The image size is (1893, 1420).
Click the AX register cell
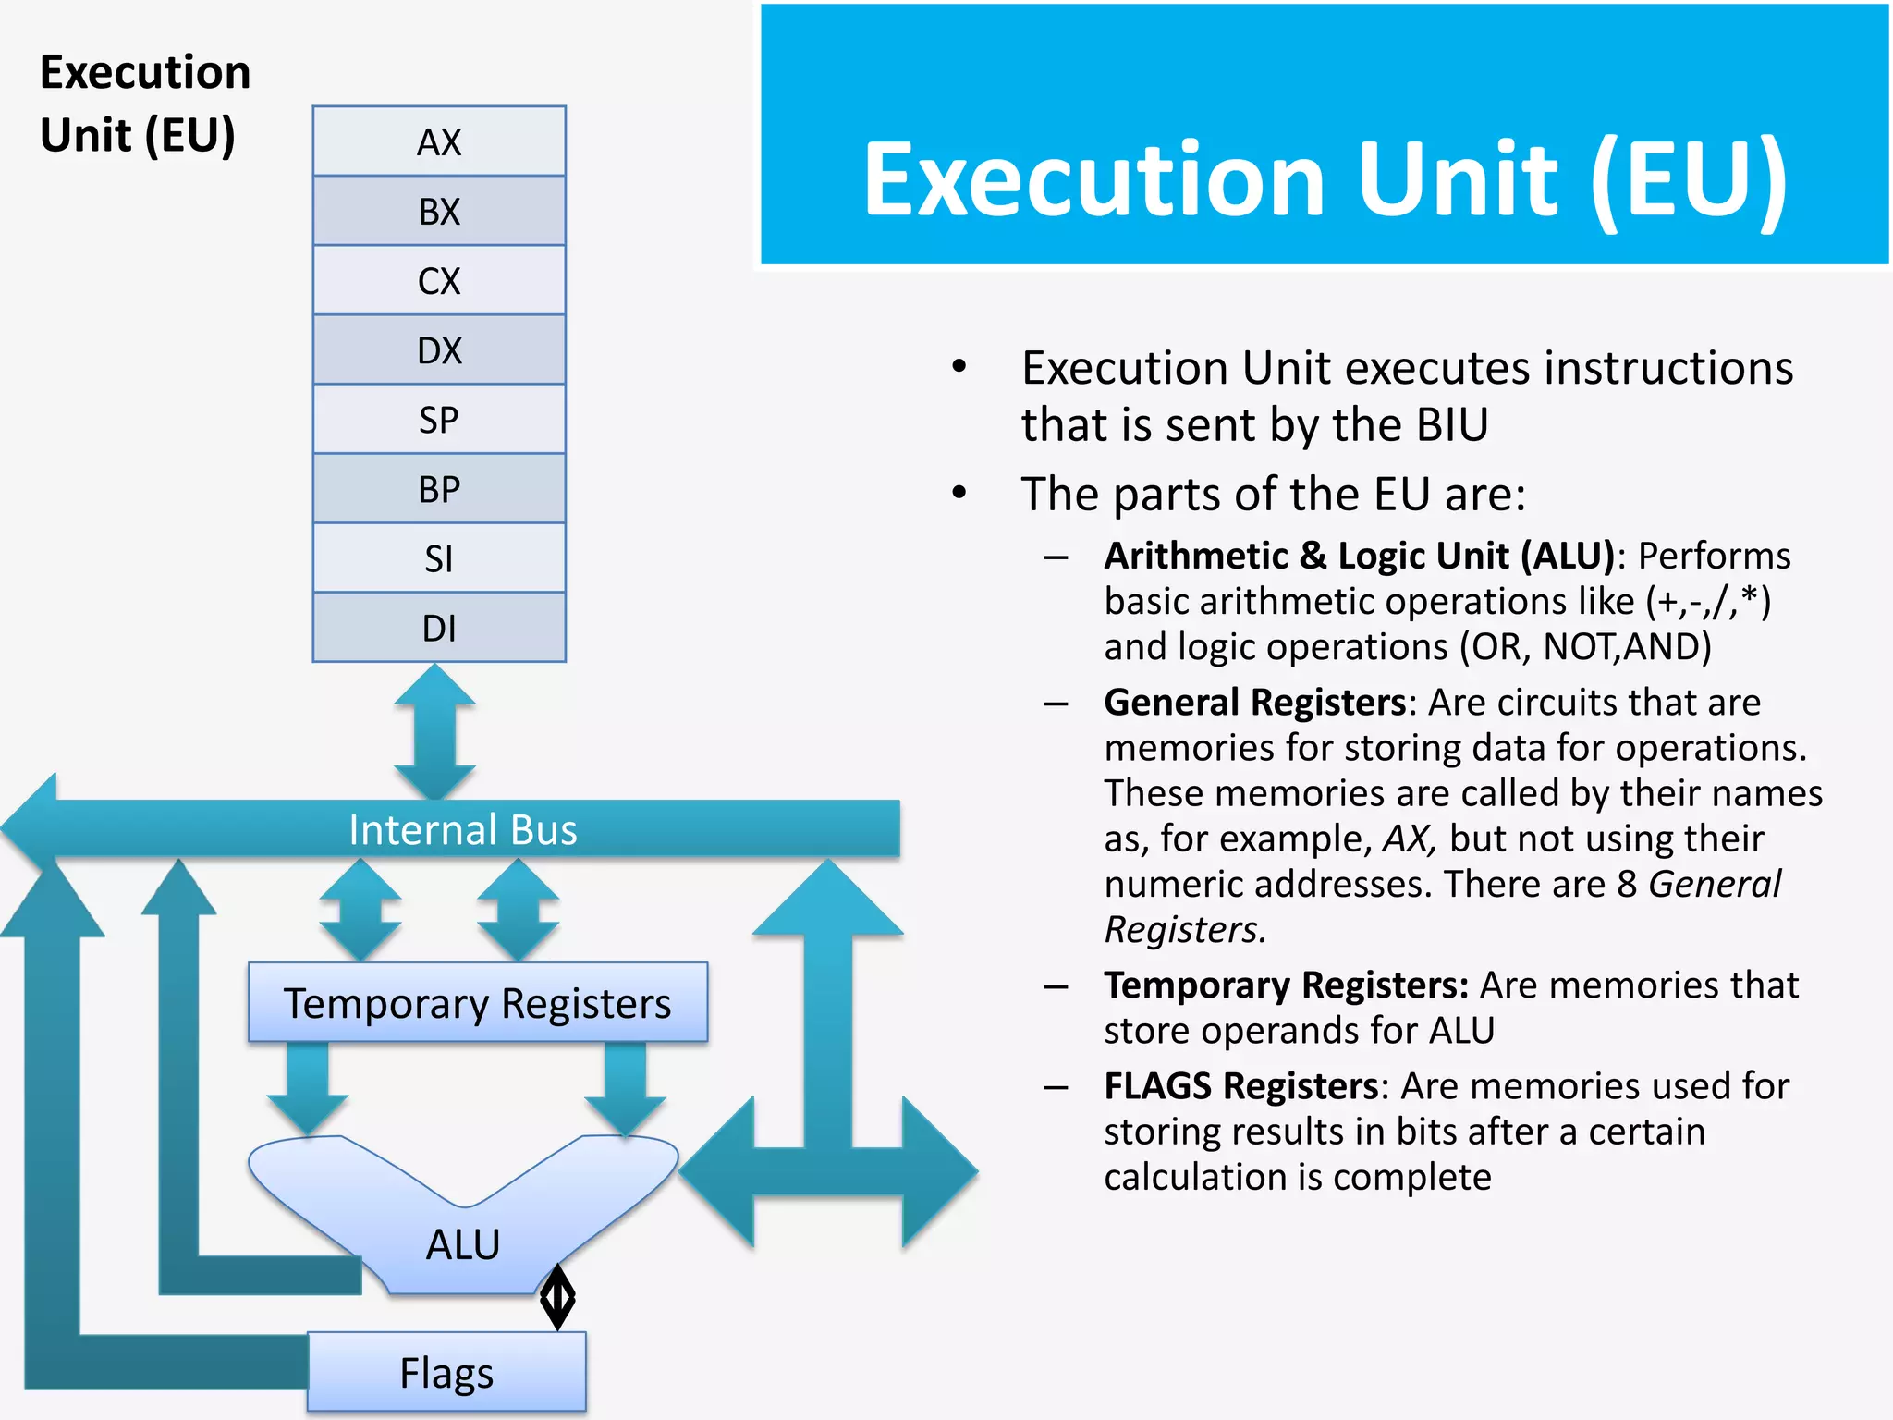(439, 141)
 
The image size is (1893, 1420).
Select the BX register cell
(439, 211)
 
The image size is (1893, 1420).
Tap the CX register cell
(439, 280)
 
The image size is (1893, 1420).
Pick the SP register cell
(439, 419)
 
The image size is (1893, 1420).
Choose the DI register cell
(439, 628)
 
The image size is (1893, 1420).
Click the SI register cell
(439, 558)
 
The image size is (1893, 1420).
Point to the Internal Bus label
(462, 829)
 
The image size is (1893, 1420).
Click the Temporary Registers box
(477, 1003)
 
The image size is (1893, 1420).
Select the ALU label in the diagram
(462, 1243)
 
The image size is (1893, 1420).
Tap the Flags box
(446, 1372)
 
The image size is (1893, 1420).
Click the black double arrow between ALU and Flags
(557, 1298)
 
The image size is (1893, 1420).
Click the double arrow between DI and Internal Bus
(434, 731)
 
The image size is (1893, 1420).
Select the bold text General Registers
(1254, 703)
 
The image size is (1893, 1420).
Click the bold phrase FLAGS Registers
(1241, 1086)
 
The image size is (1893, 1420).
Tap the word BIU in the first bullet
(1451, 425)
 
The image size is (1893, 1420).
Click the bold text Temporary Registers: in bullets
(1286, 985)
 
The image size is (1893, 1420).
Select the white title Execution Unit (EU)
(1325, 179)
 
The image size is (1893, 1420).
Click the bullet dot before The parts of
(959, 493)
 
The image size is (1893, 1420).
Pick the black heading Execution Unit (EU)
(145, 104)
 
